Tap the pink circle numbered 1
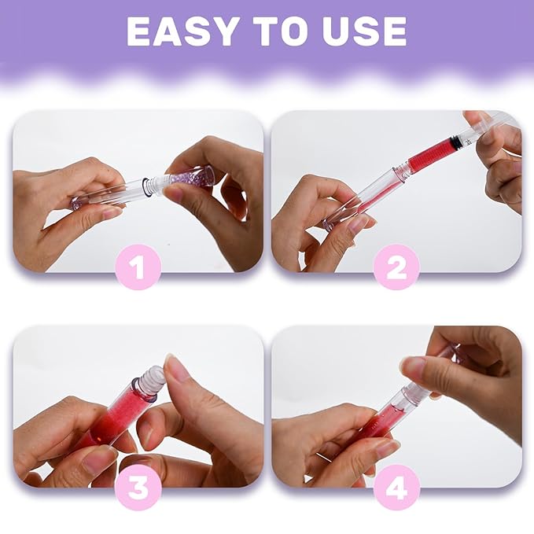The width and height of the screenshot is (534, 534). (x=138, y=267)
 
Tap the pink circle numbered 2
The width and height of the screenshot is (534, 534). (x=396, y=267)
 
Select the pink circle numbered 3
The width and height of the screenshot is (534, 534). (x=138, y=488)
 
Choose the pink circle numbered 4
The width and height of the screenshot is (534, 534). (x=396, y=488)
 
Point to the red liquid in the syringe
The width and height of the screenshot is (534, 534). (x=429, y=155)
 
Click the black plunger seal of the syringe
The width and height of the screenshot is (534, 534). (x=454, y=143)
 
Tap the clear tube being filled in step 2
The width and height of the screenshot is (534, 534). (x=370, y=193)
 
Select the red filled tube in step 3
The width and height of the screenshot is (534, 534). (x=118, y=413)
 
